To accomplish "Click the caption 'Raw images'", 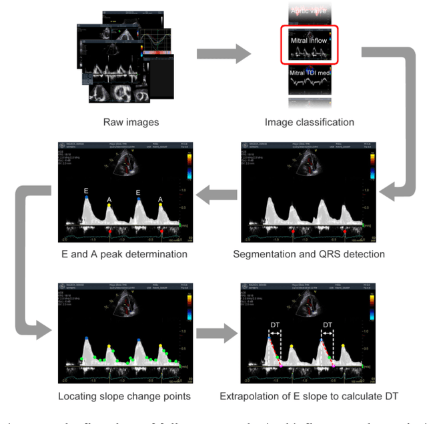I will point(131,122).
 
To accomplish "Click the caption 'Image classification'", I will point(309,122).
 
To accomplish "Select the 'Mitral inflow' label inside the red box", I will point(309,41).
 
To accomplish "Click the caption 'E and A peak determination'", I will point(121,254).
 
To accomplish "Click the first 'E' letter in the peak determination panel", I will point(86,190).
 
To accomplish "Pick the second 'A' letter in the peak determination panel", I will point(160,199).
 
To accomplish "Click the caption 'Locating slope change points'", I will point(122,396).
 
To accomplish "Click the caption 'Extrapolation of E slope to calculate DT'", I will point(309,396).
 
